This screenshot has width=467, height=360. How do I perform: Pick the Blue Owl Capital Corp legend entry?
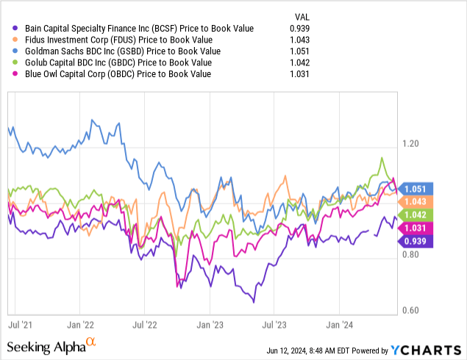114,74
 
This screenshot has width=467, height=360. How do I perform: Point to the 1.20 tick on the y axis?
411,144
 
